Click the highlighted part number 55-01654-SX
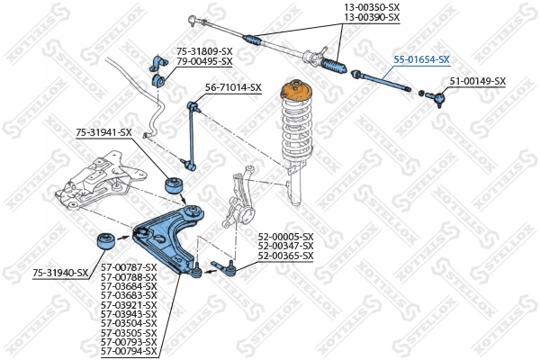tap(421, 59)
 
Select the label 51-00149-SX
tap(477, 81)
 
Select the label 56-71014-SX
tap(233, 87)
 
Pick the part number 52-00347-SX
tap(285, 246)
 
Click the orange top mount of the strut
tap(294, 93)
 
